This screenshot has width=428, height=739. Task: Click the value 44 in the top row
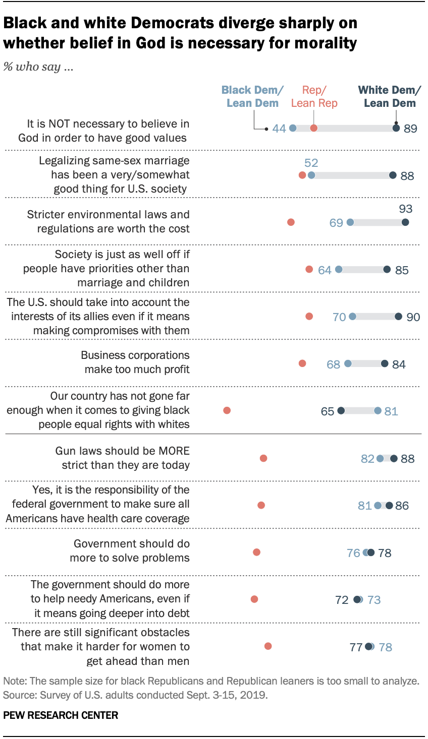point(279,129)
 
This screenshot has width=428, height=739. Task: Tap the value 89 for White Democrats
point(410,129)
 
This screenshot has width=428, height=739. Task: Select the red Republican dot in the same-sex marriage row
point(302,175)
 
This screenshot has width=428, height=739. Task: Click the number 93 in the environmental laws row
point(405,209)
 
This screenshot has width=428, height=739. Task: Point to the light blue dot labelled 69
point(350,222)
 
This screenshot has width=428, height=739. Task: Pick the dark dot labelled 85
point(387,270)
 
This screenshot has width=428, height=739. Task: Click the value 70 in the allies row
point(339,317)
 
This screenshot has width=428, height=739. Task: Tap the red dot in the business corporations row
point(302,363)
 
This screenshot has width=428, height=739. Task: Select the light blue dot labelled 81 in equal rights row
point(378,411)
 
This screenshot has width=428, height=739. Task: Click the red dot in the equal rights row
point(227,410)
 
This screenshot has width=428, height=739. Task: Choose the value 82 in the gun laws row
point(367,459)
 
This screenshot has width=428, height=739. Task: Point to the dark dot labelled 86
point(389,506)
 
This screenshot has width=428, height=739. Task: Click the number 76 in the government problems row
point(353,553)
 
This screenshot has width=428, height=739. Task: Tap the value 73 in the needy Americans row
point(374,600)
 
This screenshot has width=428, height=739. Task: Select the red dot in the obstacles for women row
point(268,646)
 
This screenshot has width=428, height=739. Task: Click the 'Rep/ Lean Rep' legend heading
point(314,96)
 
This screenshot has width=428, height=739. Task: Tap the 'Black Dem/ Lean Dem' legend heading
point(252,96)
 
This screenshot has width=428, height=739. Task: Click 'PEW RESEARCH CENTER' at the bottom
point(61,715)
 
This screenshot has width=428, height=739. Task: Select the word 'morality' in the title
point(327,43)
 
